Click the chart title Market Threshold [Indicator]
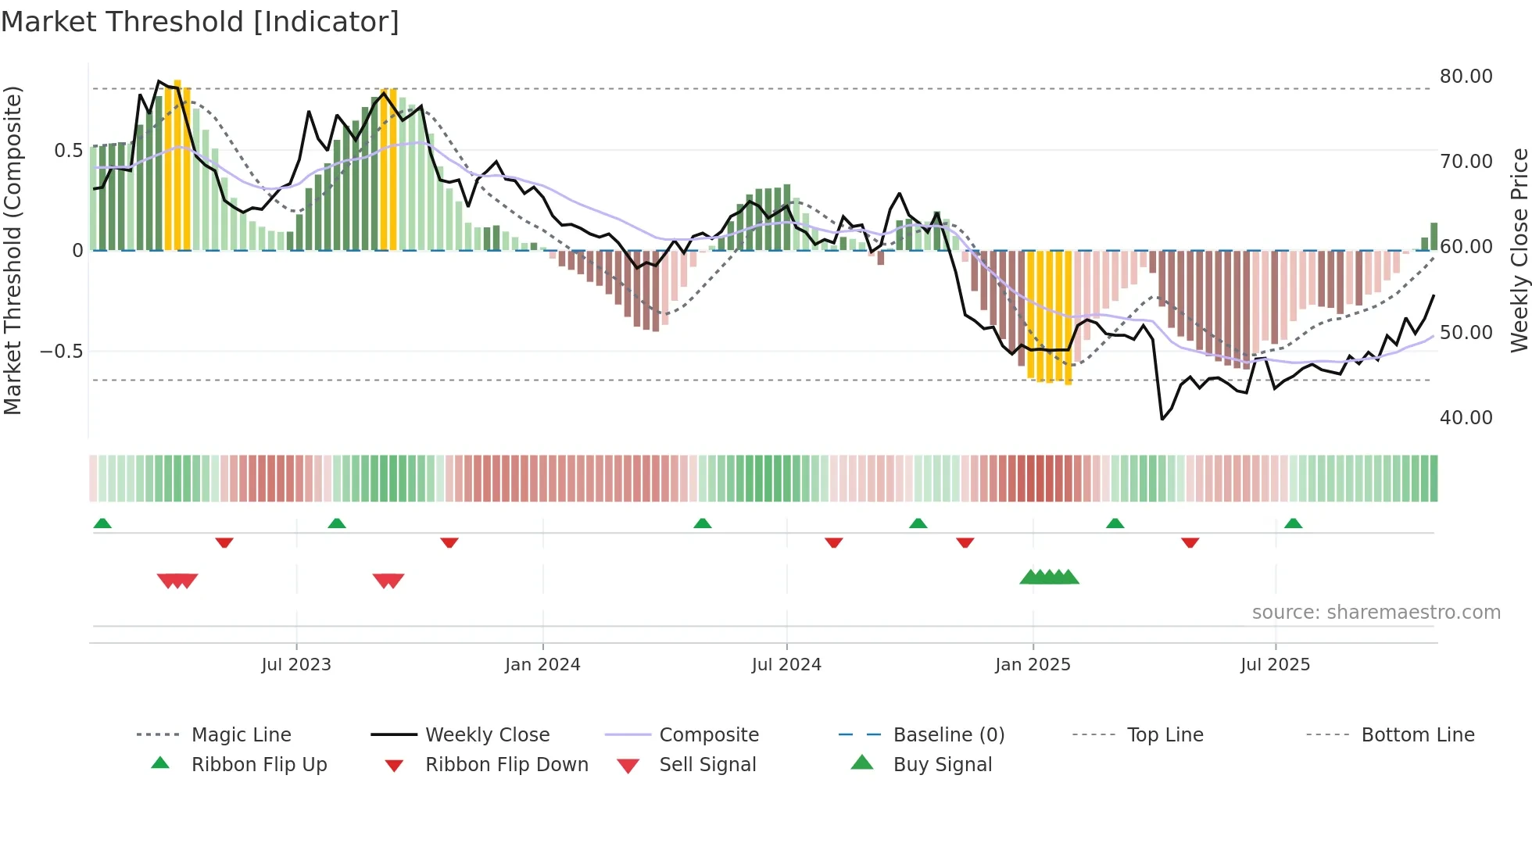200,22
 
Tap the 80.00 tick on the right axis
1466,77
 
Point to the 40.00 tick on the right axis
1466,418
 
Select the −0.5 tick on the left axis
62,352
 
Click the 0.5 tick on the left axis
68,151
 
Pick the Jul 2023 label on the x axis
296,665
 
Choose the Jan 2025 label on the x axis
1033,665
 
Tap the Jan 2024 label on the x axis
542,665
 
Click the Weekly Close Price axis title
1519,250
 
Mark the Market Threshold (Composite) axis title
13,250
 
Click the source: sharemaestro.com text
1376,613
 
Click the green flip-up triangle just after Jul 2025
1293,523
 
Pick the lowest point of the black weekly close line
1162,420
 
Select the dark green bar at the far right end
1434,237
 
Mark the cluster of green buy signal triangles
1049,577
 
